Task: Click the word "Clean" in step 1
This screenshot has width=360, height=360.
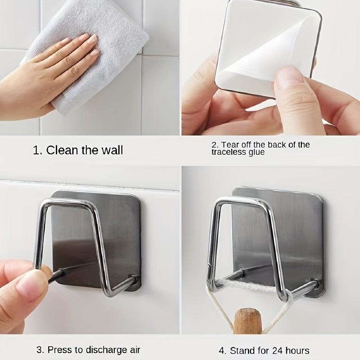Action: tap(62, 150)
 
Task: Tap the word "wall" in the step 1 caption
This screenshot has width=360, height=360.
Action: tap(111, 150)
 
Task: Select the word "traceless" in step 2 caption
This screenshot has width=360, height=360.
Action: tap(229, 153)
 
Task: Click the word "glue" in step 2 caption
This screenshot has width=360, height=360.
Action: tap(256, 153)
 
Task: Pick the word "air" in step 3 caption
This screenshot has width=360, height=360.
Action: tap(134, 350)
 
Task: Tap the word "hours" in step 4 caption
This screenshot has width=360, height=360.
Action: tap(296, 351)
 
